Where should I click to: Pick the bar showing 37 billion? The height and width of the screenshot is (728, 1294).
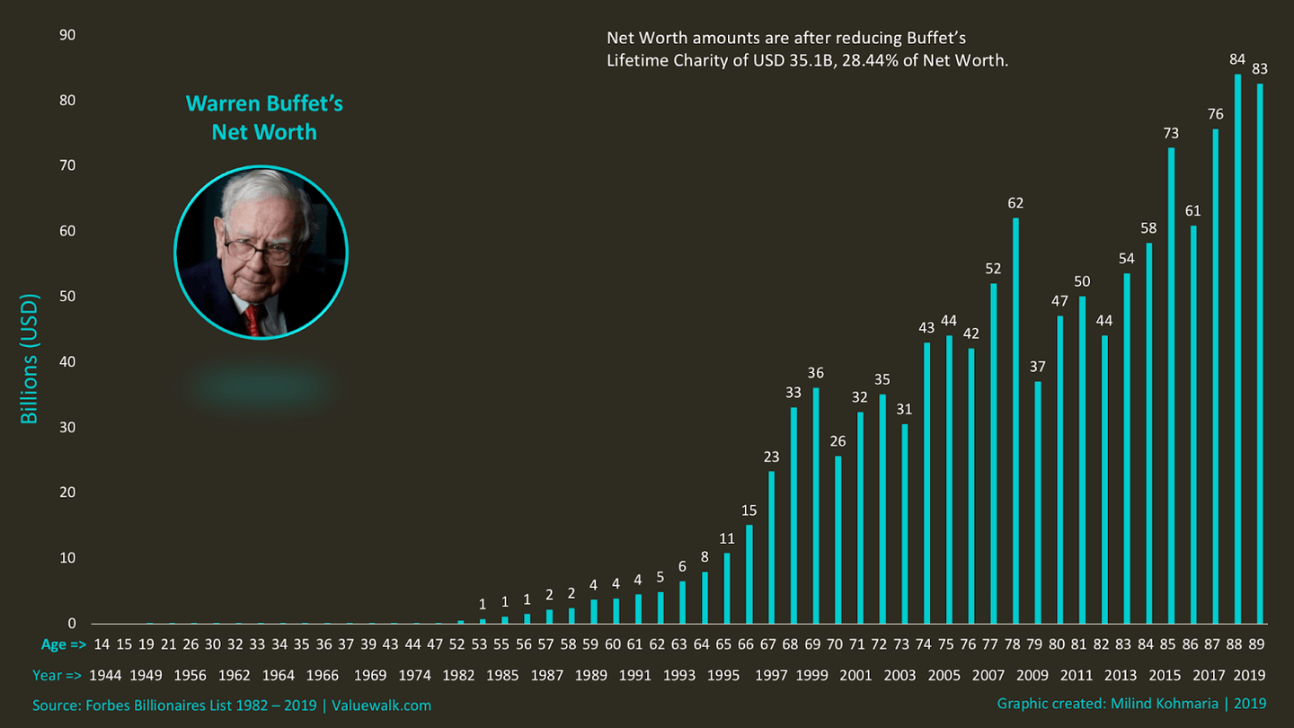click(1038, 502)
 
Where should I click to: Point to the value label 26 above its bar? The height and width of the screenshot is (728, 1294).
click(838, 441)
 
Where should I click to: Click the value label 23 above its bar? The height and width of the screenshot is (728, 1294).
click(771, 457)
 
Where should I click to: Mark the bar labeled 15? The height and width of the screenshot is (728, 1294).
click(749, 574)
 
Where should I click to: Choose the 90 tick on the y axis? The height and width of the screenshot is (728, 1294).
click(67, 35)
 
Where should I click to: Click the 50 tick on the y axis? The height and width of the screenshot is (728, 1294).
click(67, 297)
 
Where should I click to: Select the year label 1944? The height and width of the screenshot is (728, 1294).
click(106, 675)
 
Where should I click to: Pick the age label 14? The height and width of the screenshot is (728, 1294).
click(102, 644)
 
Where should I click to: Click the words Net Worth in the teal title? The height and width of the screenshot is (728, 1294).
click(264, 132)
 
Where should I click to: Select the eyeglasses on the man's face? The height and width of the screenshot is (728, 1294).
click(258, 249)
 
